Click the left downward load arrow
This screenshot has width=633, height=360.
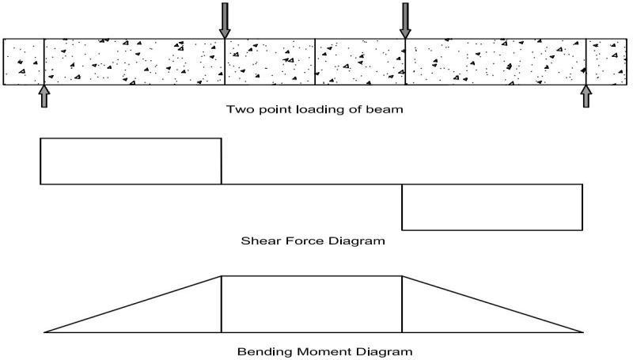[225, 21]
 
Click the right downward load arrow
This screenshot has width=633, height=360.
[405, 21]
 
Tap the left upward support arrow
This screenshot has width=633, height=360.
[44, 96]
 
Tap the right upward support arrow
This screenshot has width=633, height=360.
[586, 96]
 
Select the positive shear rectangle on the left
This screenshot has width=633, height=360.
[131, 161]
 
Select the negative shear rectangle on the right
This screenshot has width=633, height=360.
[492, 207]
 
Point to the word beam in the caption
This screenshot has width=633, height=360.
[389, 109]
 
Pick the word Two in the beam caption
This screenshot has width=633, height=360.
[237, 109]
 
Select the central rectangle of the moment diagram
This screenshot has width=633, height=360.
[312, 304]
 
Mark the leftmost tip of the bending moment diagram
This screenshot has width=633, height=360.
[45, 332]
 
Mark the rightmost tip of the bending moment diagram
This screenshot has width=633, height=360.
[583, 332]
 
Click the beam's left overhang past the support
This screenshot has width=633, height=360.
[24, 61]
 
